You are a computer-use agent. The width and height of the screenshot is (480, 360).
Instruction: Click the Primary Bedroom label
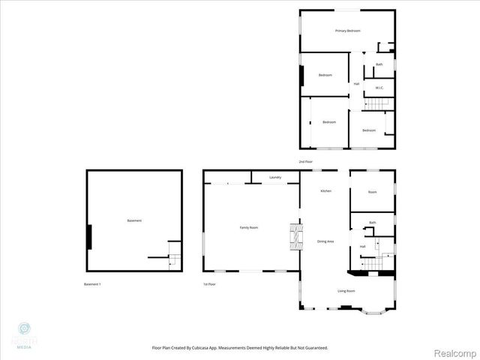coord(348,31)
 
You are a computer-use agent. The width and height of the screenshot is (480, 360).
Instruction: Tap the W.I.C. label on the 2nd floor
coord(379,88)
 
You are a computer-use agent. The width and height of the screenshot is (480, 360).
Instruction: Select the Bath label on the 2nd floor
coord(379,64)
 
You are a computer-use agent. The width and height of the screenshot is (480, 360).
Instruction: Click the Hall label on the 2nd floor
coord(356,83)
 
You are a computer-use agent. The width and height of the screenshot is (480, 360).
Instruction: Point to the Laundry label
coord(275,177)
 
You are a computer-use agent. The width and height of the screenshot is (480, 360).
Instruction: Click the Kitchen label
coord(326,191)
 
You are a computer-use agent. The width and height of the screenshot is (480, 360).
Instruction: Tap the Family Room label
coord(249,227)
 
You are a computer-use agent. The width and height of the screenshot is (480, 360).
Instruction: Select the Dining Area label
coord(325,241)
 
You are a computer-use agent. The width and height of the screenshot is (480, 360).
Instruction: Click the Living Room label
coord(346,291)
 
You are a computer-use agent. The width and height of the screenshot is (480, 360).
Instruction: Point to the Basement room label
coord(134,220)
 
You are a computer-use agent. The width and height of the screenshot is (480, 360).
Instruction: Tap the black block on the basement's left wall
coord(90,236)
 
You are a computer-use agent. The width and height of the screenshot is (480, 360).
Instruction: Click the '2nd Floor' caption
coord(305,162)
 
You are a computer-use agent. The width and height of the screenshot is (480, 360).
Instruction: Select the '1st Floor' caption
coord(209,284)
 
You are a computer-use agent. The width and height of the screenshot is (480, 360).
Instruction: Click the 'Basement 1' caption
coord(92,284)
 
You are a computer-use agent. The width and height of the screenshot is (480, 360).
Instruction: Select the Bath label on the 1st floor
coord(372,223)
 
